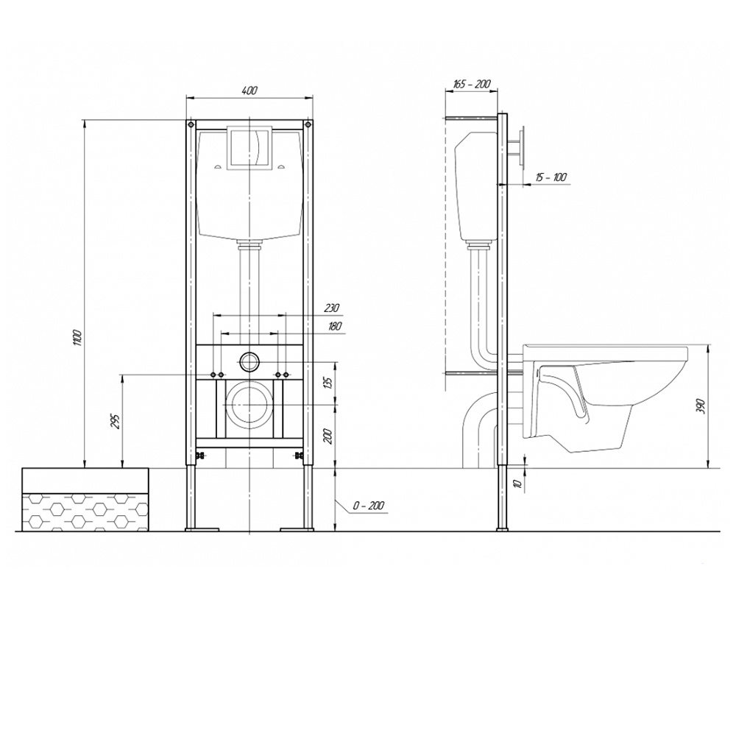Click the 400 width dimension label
pyautogui.click(x=250, y=91)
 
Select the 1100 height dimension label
pyautogui.click(x=79, y=339)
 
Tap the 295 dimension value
pyautogui.click(x=116, y=421)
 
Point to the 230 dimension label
pyautogui.click(x=331, y=308)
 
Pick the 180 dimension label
pyautogui.click(x=334, y=326)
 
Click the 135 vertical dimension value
pyautogui.click(x=328, y=383)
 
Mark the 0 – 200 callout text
pyautogui.click(x=369, y=505)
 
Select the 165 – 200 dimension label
pyautogui.click(x=472, y=84)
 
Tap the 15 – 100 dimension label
pyautogui.click(x=551, y=177)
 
